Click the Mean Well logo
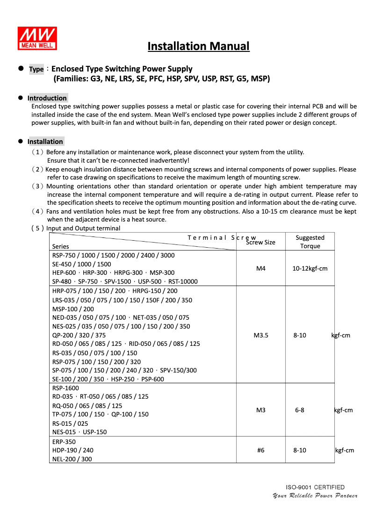(37, 38)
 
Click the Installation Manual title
(198, 46)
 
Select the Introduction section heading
(47, 98)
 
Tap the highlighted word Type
(36, 69)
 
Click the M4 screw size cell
(261, 268)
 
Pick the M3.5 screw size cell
(261, 335)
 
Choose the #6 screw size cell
(261, 450)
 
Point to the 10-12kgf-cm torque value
(310, 268)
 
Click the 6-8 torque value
(300, 410)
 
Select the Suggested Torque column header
(310, 242)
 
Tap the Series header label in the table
(60, 246)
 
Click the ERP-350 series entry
(64, 442)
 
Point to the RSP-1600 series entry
(65, 388)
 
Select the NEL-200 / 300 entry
(72, 459)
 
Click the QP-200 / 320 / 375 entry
(79, 335)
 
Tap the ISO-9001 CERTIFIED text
(315, 487)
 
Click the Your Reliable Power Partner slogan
(315, 495)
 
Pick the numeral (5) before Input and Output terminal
(38, 228)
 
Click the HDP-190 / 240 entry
(72, 450)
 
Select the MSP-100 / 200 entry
(73, 309)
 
